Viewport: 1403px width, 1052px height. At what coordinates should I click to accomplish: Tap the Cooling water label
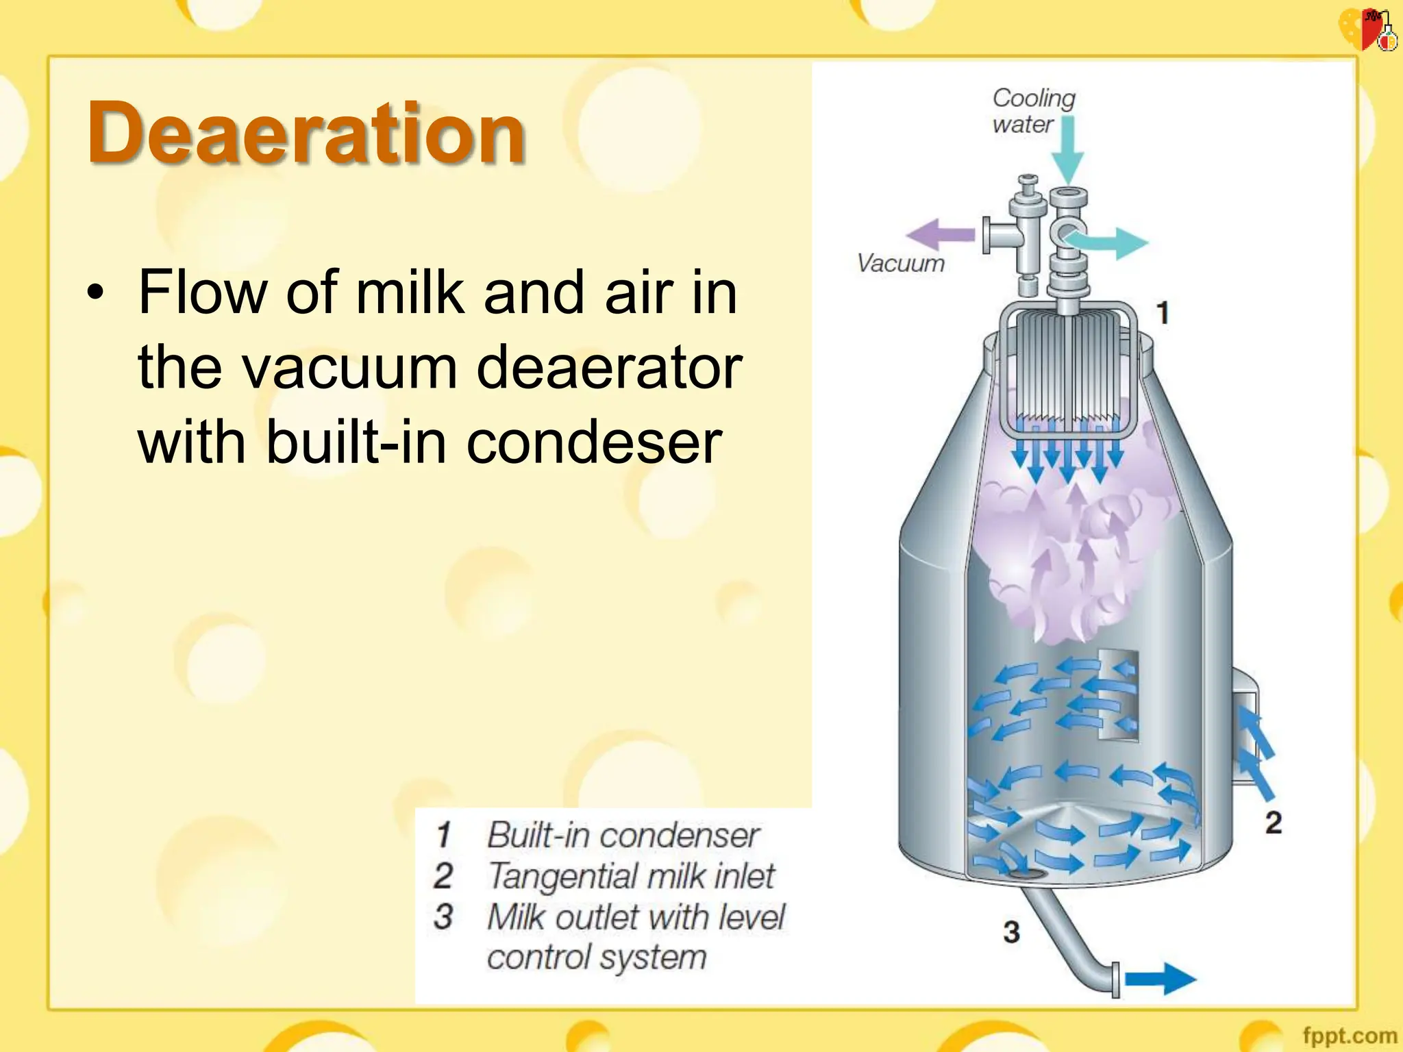[1033, 111]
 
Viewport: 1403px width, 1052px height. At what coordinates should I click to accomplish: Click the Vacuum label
[901, 263]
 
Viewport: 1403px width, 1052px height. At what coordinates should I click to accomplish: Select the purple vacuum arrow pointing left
[940, 235]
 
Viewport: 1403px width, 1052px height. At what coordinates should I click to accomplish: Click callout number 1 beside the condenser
[1163, 313]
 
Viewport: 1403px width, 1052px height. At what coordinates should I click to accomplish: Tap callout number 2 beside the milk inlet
[1273, 822]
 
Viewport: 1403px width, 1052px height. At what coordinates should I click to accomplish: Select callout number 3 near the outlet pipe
[1011, 931]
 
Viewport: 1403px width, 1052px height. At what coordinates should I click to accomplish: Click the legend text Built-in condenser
[623, 835]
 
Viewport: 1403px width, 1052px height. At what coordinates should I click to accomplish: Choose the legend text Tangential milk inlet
[631, 876]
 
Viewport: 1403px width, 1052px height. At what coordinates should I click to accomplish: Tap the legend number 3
[443, 917]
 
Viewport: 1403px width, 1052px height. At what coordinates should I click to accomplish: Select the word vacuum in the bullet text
[349, 368]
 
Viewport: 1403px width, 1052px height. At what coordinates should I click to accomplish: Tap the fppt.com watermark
[1349, 1035]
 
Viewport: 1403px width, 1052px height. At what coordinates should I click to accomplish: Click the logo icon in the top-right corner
[1367, 29]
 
